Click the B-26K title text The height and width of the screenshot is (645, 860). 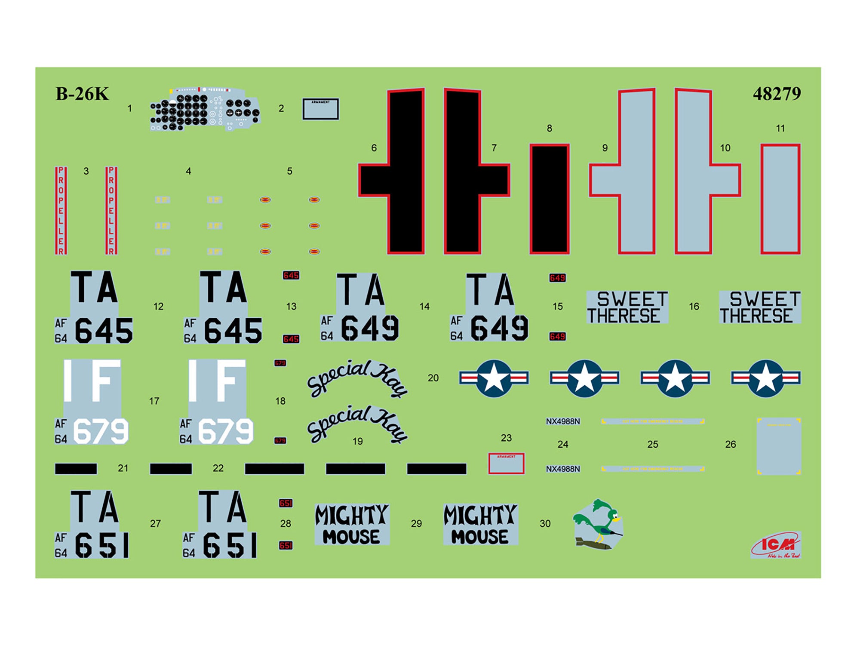coord(82,94)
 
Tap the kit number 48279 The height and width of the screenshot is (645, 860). coord(777,94)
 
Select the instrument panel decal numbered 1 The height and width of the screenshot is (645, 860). coord(205,110)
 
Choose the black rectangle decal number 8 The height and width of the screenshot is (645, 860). coord(549,199)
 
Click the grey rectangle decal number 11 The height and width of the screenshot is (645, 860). coord(780,199)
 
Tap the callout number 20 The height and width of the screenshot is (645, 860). coord(433,378)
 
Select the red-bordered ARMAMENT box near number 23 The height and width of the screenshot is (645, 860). coord(506,464)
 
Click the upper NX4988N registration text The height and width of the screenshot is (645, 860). coord(563,421)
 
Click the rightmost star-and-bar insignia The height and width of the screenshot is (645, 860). coord(765,378)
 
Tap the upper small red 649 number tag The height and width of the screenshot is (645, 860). coord(557,278)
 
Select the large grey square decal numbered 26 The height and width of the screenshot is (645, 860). coord(778,446)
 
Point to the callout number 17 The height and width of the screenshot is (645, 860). coord(154,401)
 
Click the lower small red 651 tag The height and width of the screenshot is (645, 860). coord(286,546)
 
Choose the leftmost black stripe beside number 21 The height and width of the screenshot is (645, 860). coord(76,469)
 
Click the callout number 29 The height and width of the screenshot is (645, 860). coord(416,524)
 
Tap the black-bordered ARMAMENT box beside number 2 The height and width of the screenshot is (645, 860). coord(320,109)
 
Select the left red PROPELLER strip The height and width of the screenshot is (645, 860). coord(61,211)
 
